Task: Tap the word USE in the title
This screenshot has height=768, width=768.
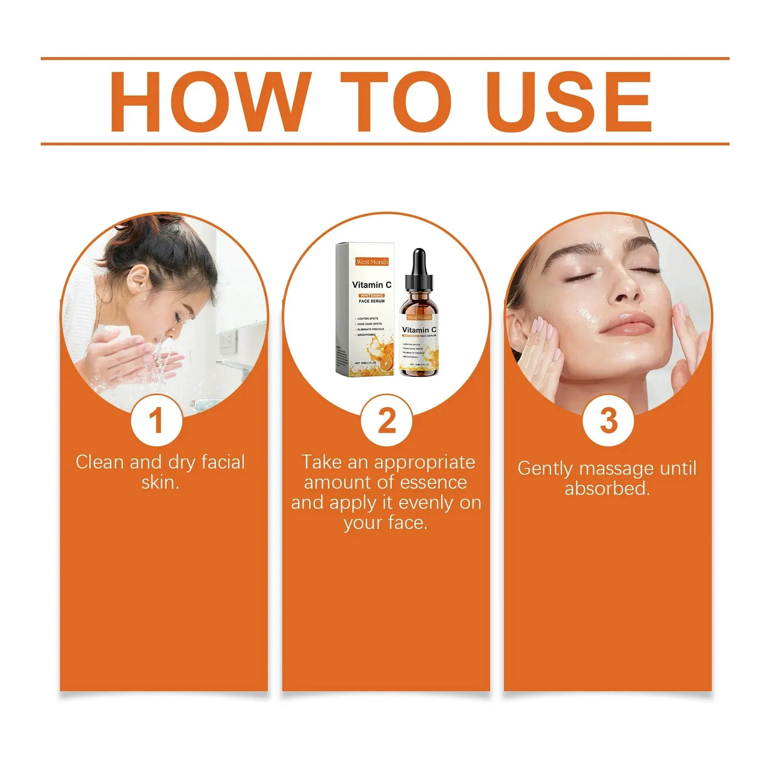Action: pyautogui.click(x=569, y=102)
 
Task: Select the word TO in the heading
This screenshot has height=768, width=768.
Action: pyautogui.click(x=396, y=102)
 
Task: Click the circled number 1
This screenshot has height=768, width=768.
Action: pyautogui.click(x=156, y=421)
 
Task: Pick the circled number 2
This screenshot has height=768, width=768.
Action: pyautogui.click(x=386, y=421)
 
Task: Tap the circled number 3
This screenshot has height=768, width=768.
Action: pyautogui.click(x=608, y=421)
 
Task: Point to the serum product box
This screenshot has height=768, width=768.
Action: pyautogui.click(x=365, y=310)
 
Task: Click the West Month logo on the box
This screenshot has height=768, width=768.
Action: pyautogui.click(x=371, y=262)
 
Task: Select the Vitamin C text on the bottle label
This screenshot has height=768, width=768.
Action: pyautogui.click(x=419, y=330)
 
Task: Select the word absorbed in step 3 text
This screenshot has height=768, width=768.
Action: pyautogui.click(x=607, y=488)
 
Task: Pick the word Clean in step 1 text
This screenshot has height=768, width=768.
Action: pyautogui.click(x=99, y=462)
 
